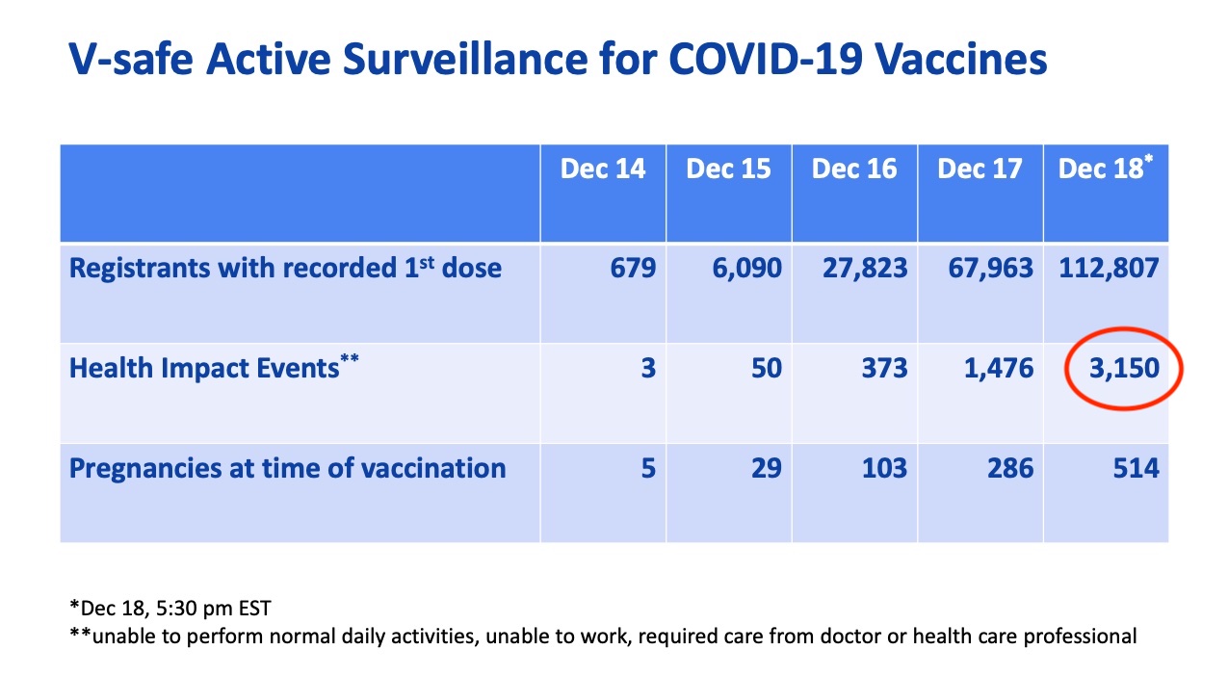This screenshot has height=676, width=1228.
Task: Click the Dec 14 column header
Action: tap(603, 169)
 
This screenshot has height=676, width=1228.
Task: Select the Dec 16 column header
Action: tap(854, 169)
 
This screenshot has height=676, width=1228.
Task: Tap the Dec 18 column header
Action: tap(1106, 168)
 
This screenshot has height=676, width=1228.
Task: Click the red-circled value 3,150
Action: tap(1124, 368)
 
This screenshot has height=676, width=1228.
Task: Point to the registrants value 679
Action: tap(633, 268)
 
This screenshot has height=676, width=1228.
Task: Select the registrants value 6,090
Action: tap(746, 269)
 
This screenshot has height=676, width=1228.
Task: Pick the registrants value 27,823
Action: tap(865, 269)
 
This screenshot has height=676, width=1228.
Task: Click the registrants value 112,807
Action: tap(1109, 269)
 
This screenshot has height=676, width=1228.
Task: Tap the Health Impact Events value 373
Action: tap(884, 368)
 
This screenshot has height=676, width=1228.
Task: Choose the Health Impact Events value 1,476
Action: tap(999, 368)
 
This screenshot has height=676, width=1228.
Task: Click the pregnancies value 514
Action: tap(1136, 468)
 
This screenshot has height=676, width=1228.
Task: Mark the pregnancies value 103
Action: tap(884, 468)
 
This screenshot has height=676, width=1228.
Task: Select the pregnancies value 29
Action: tap(767, 468)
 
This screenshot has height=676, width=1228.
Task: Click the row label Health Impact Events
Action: tap(214, 367)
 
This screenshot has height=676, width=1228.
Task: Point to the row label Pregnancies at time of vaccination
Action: tap(287, 469)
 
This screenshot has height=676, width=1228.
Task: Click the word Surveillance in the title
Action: tap(465, 59)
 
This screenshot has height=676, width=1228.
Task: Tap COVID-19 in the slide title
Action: tap(766, 59)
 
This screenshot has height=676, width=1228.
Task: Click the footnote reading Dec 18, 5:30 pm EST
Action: tap(170, 608)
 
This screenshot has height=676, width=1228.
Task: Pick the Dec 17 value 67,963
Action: tap(991, 269)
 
